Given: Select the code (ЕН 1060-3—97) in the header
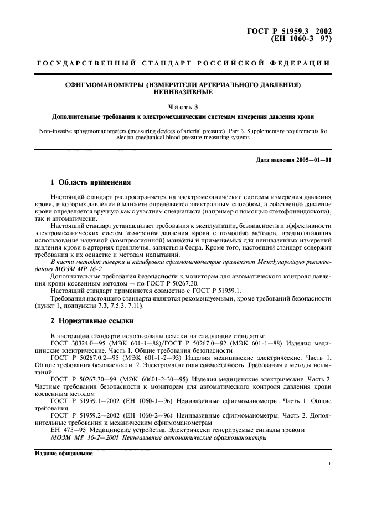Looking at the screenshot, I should click(x=300, y=39).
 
